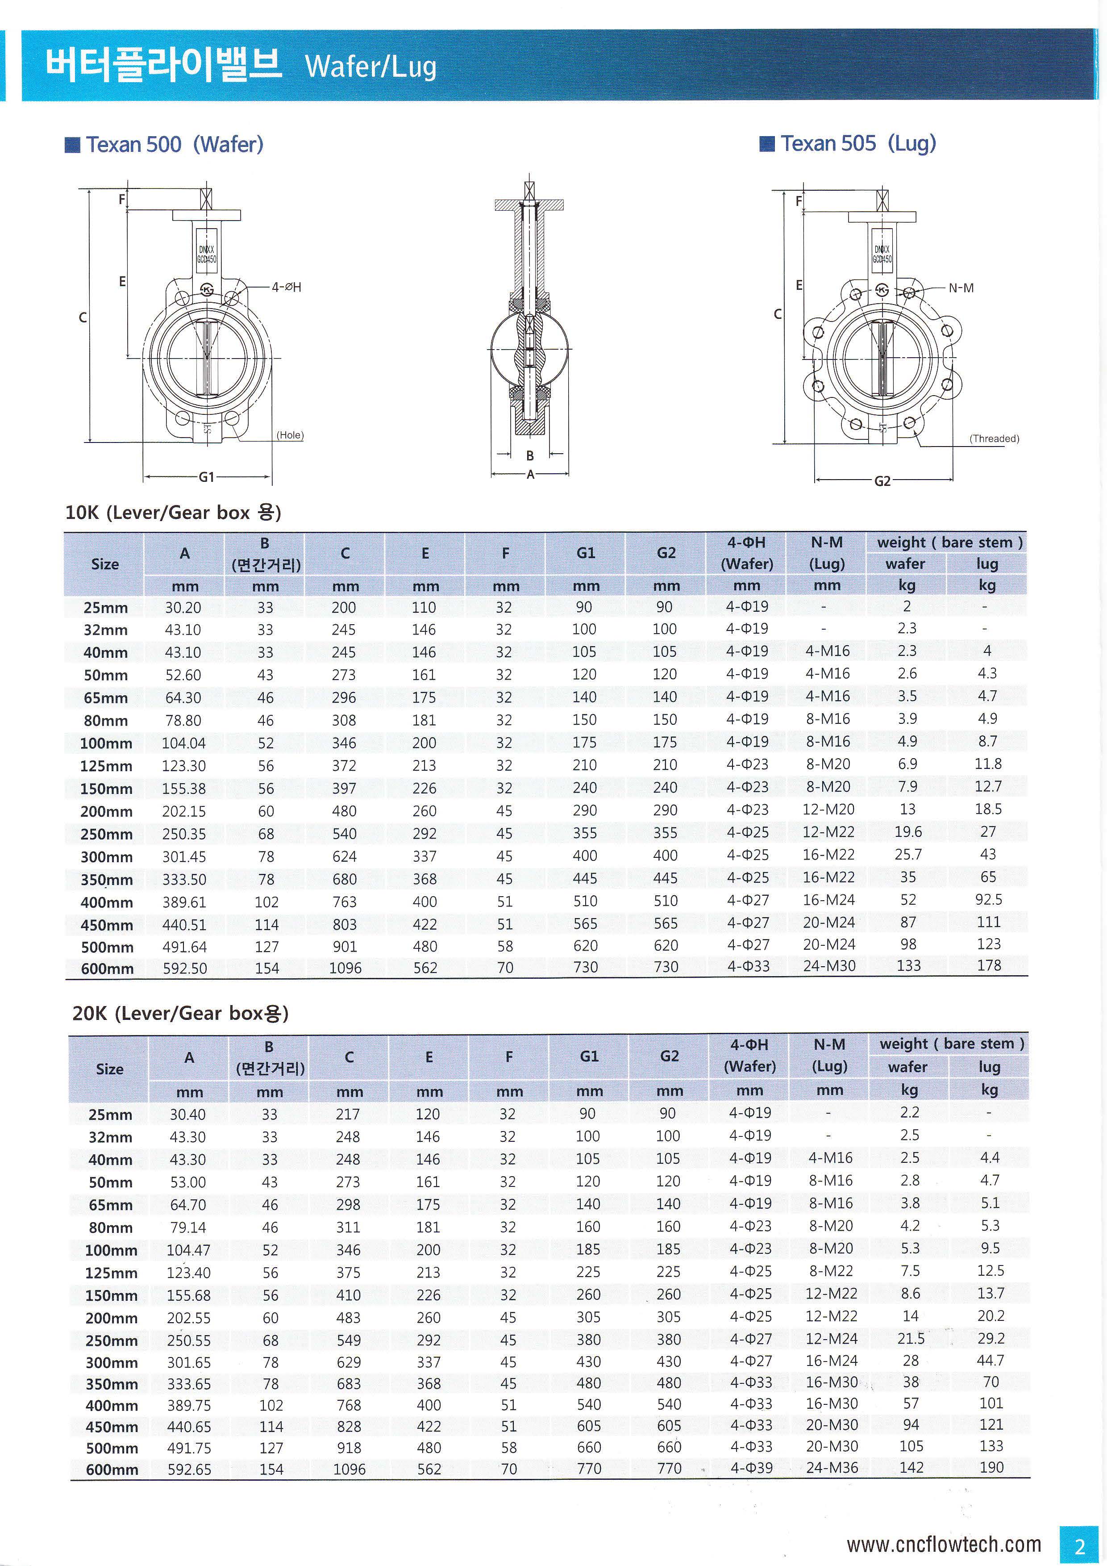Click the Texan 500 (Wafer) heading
tap(174, 145)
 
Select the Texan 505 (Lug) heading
tap(857, 143)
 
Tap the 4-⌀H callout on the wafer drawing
tap(286, 287)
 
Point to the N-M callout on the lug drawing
tap(961, 288)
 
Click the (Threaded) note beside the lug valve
tap(994, 438)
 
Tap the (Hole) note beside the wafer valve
tap(290, 435)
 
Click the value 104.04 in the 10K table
tap(183, 743)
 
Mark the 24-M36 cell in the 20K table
tap(832, 1467)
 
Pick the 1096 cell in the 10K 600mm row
tap(345, 968)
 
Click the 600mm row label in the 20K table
tap(112, 1469)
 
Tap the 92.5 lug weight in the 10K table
tap(988, 900)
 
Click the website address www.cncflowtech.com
tap(943, 1544)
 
